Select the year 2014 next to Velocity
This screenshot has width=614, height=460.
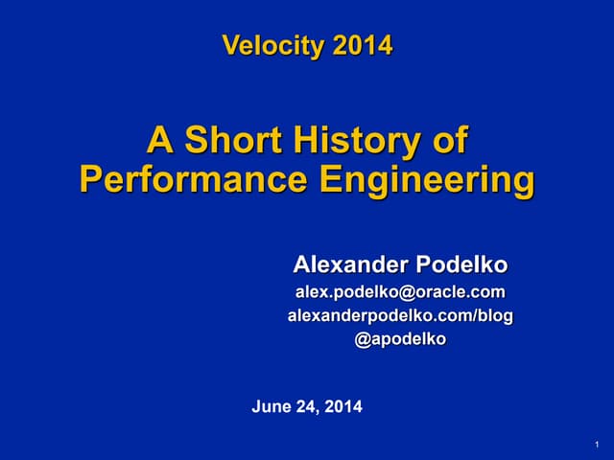[363, 45]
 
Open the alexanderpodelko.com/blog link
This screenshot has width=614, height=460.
[400, 315]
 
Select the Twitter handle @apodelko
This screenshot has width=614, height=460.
[400, 338]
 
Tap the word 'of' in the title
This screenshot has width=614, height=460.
[448, 142]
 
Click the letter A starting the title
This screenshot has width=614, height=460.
[158, 142]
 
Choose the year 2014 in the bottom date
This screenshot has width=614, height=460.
[343, 407]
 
